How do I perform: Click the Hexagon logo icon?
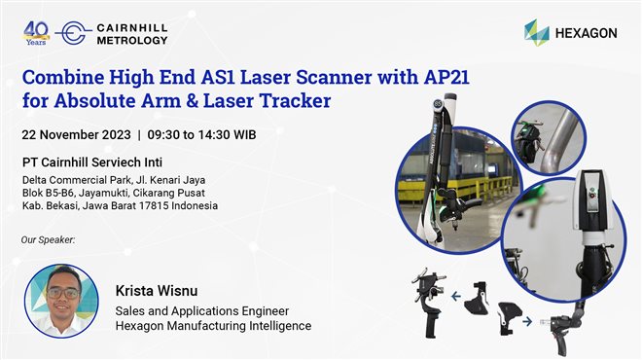click(536, 32)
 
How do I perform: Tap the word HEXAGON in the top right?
click(586, 33)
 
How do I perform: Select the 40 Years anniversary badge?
click(36, 32)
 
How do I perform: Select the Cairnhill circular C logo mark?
click(74, 33)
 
